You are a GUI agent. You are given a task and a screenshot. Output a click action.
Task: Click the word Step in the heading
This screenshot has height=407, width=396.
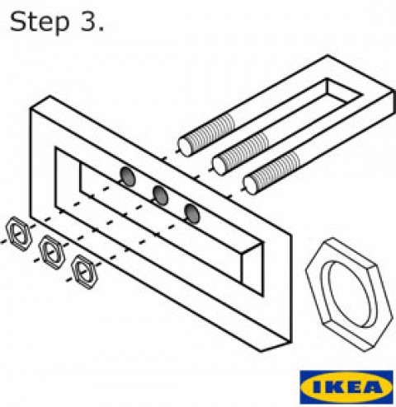[39, 23]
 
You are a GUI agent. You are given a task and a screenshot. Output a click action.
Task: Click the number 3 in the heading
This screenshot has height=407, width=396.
[87, 21]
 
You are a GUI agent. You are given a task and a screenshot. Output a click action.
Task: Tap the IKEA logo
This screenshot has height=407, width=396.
[346, 387]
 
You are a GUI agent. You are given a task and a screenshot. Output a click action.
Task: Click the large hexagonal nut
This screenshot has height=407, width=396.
[349, 294]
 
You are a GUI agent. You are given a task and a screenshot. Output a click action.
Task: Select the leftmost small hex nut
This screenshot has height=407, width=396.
[19, 234]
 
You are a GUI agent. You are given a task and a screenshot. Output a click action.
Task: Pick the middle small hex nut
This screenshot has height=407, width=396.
[51, 252]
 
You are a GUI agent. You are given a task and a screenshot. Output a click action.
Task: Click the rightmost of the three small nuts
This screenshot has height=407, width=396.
[84, 272]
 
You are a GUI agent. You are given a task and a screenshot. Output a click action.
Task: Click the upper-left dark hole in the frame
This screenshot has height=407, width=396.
[128, 176]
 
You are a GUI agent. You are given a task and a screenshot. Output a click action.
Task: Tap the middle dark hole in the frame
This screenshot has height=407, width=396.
[160, 195]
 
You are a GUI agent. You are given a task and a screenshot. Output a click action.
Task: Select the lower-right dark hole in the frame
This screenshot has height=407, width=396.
[192, 213]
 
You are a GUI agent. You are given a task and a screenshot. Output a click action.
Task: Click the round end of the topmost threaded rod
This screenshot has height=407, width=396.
[185, 147]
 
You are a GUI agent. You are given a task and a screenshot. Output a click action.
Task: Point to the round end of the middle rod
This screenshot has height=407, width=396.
[219, 166]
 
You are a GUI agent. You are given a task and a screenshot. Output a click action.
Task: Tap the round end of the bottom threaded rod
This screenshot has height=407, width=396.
[251, 185]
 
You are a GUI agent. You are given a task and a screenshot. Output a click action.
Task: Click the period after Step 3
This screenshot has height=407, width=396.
[101, 29]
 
